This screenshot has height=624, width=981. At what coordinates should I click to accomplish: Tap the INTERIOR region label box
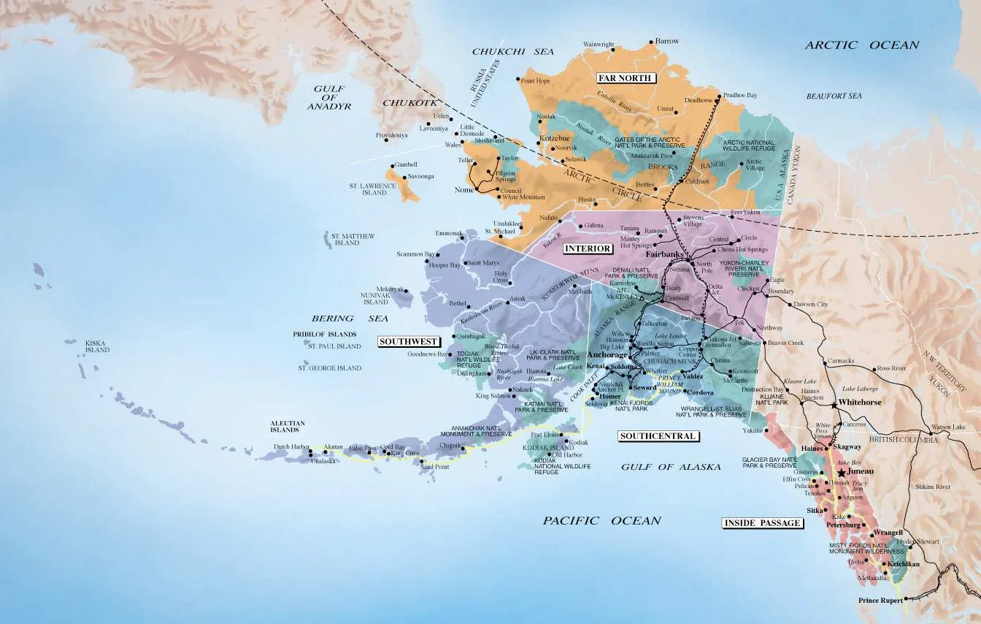click(588, 248)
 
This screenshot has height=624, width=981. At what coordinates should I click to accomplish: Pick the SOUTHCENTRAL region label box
click(658, 436)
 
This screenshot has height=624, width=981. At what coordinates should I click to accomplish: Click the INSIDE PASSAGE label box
click(762, 522)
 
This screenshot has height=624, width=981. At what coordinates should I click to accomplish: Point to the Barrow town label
click(667, 42)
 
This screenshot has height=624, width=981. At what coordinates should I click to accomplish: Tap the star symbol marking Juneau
click(842, 473)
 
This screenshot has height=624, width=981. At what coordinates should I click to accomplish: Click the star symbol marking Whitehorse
click(834, 403)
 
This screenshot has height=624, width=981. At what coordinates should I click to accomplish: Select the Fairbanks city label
click(663, 255)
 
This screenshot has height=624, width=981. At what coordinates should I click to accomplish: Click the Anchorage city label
click(607, 354)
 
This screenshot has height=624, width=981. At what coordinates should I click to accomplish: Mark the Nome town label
click(464, 190)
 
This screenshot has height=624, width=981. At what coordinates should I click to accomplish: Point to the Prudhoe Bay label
click(741, 96)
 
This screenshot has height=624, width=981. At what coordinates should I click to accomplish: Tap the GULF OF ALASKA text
click(666, 466)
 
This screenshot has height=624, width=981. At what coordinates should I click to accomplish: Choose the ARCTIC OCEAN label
click(862, 45)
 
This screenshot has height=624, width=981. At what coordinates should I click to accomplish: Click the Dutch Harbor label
click(291, 446)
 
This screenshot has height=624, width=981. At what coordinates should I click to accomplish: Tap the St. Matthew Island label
click(353, 240)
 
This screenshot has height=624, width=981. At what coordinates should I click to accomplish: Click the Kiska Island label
click(97, 346)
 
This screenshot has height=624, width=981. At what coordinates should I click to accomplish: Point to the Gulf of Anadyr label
click(328, 97)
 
